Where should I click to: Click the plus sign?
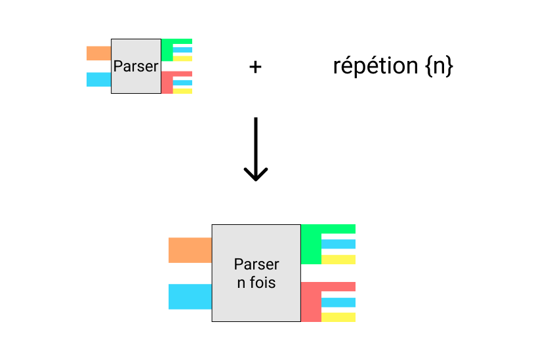tap(255, 66)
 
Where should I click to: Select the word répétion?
tap(375, 66)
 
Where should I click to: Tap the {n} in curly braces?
tap(438, 66)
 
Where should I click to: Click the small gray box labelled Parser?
tap(136, 66)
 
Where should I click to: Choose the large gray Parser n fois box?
tap(256, 272)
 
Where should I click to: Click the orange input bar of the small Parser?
tap(98, 53)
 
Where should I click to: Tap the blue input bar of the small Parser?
tap(98, 79)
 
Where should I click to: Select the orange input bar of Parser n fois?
tap(190, 250)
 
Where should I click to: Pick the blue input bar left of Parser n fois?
tap(190, 296)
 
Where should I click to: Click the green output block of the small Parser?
tap(167, 49)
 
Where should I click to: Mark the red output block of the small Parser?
tap(167, 82)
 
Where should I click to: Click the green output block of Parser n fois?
tap(312, 244)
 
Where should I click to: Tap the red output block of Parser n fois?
tap(312, 302)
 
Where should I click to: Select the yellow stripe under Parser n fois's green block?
tap(338, 259)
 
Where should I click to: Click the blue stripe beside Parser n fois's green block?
tap(338, 244)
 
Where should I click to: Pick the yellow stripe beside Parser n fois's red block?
tap(338, 317)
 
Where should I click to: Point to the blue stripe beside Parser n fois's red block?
tap(338, 302)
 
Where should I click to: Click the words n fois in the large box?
tap(256, 283)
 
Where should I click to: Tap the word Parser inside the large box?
tap(256, 265)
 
